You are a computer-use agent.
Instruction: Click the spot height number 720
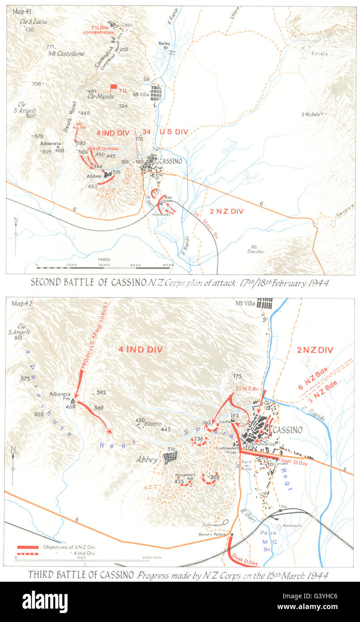30,30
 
